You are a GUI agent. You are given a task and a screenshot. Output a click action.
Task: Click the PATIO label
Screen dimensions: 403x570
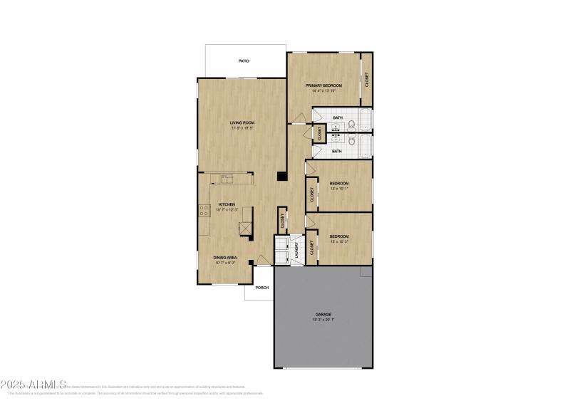point(244,62)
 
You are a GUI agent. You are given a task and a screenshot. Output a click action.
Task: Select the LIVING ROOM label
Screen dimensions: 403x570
point(242,122)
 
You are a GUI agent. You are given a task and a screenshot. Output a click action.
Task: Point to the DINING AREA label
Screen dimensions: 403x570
point(224,257)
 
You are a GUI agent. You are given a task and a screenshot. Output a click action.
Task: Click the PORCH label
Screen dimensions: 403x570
point(262,288)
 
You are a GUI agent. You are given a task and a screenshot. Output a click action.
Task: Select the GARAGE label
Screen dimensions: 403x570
point(324,314)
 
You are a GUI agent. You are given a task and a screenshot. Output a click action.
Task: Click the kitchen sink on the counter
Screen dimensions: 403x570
point(227,179)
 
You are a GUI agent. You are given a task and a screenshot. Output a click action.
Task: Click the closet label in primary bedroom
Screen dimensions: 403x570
point(367,80)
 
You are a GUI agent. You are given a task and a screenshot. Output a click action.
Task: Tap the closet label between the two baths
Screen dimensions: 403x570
point(320,132)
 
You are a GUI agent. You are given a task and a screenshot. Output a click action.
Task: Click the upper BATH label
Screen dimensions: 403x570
point(337,117)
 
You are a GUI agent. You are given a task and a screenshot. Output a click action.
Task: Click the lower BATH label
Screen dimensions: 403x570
point(337,151)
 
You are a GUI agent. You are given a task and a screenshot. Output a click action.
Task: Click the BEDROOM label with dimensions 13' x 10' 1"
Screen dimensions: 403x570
point(338,184)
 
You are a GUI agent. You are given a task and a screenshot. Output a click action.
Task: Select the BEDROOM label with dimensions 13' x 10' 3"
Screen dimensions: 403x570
point(338,236)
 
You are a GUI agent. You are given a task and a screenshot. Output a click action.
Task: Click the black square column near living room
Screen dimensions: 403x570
point(281,178)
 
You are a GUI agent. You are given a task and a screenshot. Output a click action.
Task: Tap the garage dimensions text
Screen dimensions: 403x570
point(324,320)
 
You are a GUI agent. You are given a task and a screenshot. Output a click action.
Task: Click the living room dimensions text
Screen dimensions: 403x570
point(242,128)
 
